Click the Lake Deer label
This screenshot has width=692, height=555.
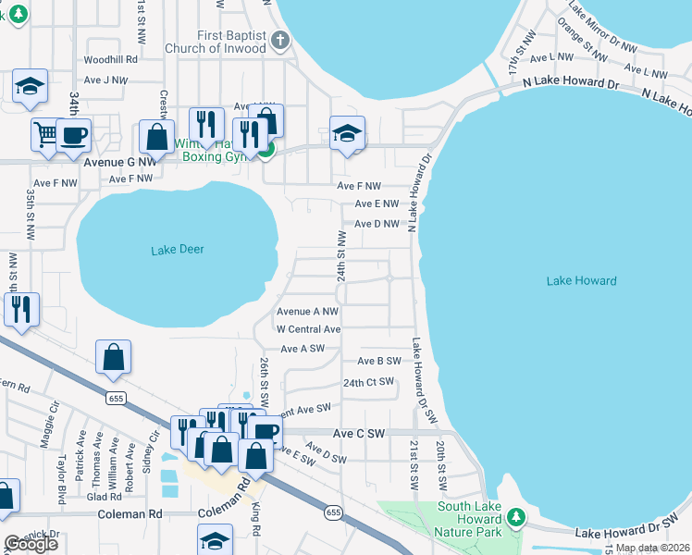177,250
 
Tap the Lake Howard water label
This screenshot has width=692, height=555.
581,280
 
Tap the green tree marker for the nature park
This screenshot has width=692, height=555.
517,516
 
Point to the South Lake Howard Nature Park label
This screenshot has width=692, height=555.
469,519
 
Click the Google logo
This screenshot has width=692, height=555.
31,544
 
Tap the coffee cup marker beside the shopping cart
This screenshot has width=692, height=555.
74,135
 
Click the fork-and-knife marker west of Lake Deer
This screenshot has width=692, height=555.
21,310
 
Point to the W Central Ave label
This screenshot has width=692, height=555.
309,329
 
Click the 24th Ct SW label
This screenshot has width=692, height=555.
368,382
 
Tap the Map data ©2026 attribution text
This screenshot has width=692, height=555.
652,548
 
